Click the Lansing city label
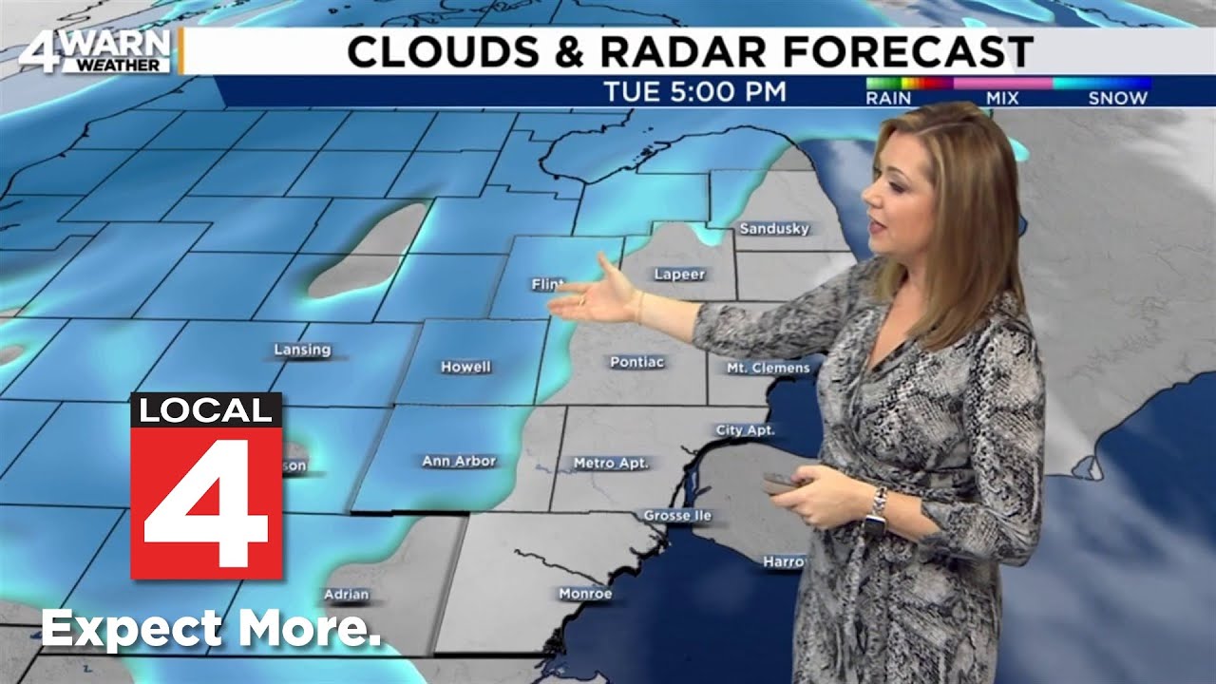pos(302,350)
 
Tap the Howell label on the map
pos(465,367)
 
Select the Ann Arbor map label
pos(459,461)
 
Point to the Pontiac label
pos(636,362)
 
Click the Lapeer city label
pos(679,275)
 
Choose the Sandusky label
pos(774,229)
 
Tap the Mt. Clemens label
pos(768,368)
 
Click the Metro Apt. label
pos(610,463)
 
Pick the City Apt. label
pos(745,430)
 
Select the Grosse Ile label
pos(677,515)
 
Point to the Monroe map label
pos(585,594)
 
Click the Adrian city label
pos(346,595)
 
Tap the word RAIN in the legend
pos(888,98)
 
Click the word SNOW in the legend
pos(1117,98)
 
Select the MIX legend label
pos(1001,98)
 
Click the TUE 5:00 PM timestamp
pos(695,93)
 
